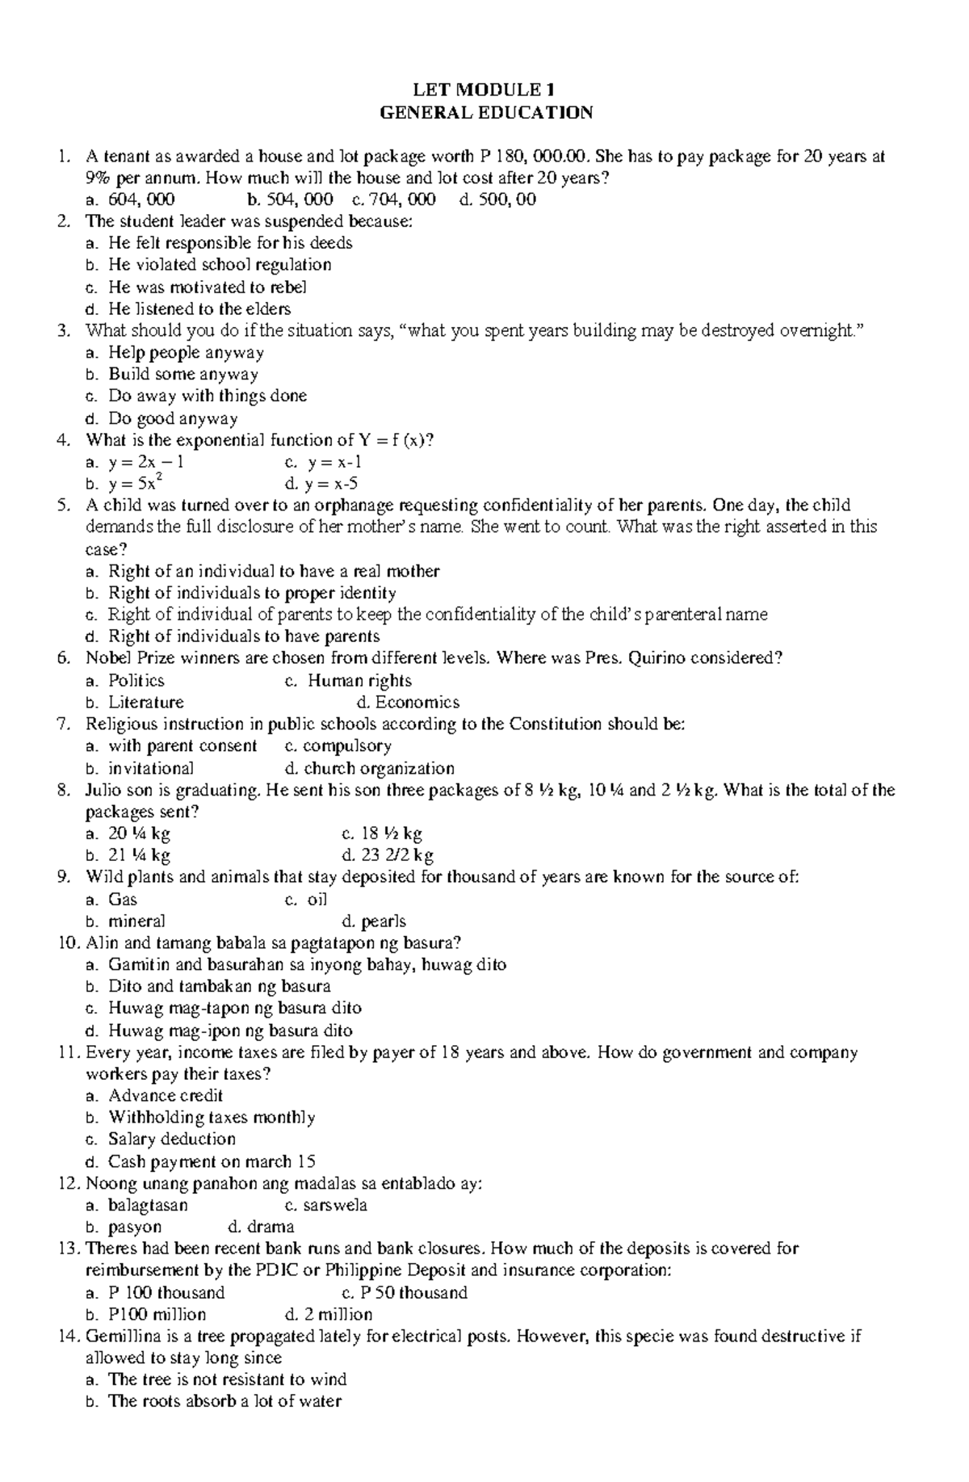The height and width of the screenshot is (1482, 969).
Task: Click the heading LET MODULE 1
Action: point(486,90)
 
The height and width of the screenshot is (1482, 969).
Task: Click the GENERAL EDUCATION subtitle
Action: point(486,112)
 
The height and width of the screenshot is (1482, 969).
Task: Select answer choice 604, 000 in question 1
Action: point(141,199)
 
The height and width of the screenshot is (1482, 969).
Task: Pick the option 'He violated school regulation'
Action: point(220,265)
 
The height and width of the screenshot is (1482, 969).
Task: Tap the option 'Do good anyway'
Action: point(173,418)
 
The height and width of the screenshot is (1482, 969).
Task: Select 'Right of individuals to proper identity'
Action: point(252,594)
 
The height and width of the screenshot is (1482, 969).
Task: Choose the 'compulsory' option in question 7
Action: point(347,746)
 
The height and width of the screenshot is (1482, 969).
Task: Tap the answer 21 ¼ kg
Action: point(139,855)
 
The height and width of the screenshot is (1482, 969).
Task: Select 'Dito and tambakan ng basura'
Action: point(220,987)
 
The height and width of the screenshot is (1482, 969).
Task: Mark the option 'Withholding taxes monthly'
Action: point(212,1118)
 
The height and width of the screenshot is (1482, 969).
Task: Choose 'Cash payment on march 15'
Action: point(212,1162)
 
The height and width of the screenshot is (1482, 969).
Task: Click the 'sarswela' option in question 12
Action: point(335,1206)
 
